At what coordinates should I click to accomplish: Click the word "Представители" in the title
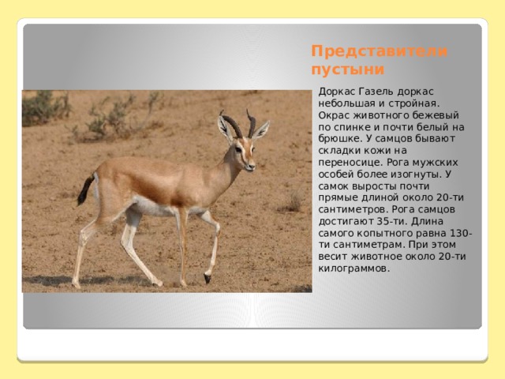[379, 51]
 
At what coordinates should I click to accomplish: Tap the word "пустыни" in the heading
[348, 70]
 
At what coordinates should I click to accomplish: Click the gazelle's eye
[238, 149]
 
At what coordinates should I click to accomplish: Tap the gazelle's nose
[252, 167]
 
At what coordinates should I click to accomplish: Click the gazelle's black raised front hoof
[207, 278]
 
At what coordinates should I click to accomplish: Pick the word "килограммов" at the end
[353, 268]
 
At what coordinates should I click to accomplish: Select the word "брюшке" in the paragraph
[337, 139]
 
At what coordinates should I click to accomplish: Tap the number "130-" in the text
[460, 233]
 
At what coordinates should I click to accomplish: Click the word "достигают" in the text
[345, 222]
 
